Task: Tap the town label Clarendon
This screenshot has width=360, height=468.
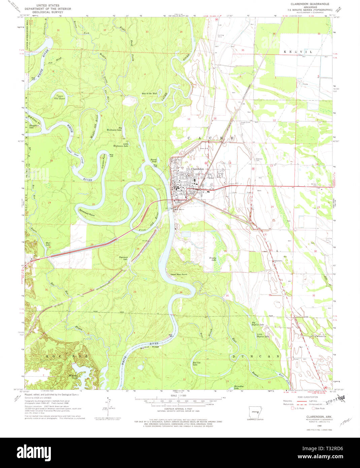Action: click(197, 169)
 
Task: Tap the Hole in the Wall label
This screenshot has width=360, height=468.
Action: click(149, 93)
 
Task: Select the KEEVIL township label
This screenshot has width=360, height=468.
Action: click(298, 52)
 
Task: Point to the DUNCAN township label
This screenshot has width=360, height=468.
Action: click(255, 356)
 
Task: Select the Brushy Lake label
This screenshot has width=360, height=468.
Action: click(212, 259)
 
